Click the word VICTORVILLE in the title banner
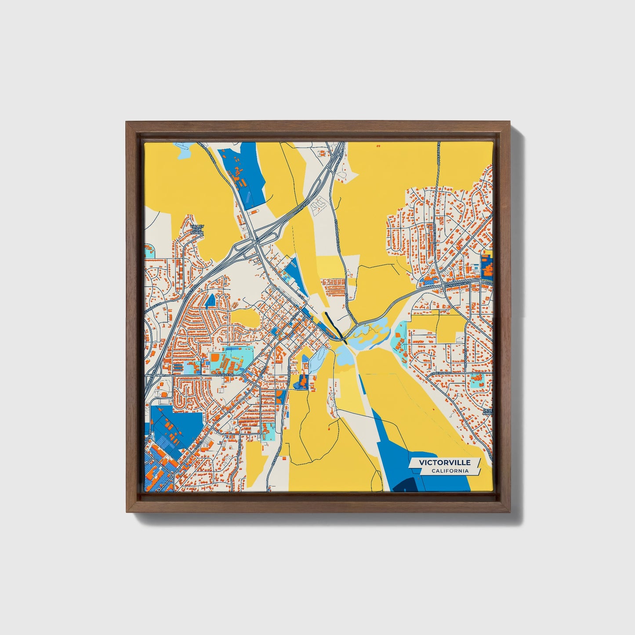(x=444, y=462)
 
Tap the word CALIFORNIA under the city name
(x=450, y=471)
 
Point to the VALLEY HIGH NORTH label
(x=197, y=229)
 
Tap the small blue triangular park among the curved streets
(x=210, y=300)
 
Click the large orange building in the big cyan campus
(x=215, y=359)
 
